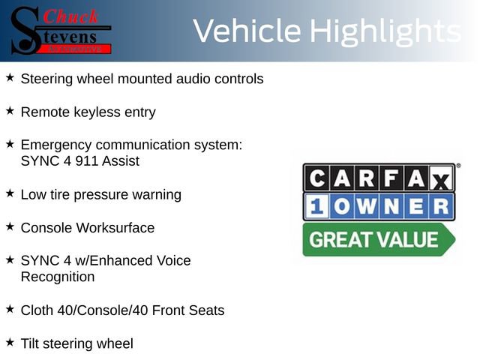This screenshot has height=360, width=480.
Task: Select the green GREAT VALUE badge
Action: click(x=375, y=240)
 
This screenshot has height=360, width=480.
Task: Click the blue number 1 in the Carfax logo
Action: click(x=316, y=206)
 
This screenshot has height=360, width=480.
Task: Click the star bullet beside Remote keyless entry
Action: click(x=10, y=111)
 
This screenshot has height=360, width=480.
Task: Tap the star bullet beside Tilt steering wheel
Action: click(x=10, y=343)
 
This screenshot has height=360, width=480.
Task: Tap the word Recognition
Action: click(x=58, y=277)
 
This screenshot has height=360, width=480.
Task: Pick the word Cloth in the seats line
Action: click(x=37, y=310)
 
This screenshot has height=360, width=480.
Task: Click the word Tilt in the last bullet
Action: click(x=31, y=344)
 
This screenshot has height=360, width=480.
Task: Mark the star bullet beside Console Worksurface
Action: click(x=10, y=226)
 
